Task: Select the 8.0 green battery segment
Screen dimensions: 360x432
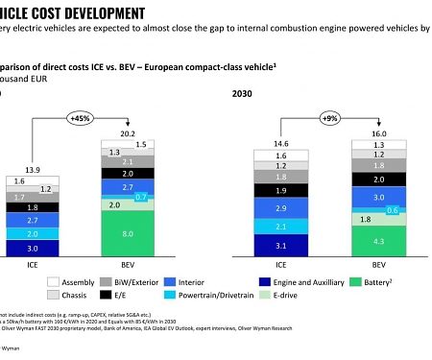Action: click(x=127, y=233)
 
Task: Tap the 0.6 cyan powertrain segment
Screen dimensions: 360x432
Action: click(x=366, y=210)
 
